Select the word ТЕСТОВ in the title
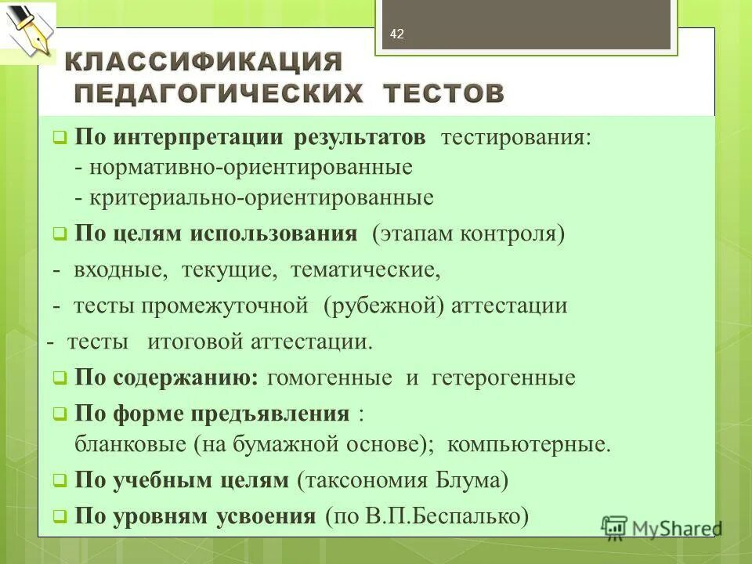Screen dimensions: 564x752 pyautogui.click(x=444, y=93)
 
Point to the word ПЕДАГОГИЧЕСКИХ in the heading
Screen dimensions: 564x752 pyautogui.click(x=219, y=93)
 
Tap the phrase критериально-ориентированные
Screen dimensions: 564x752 pyautogui.click(x=262, y=197)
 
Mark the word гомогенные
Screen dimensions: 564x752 pyautogui.click(x=330, y=378)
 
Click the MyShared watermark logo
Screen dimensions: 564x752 pyautogui.click(x=662, y=527)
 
